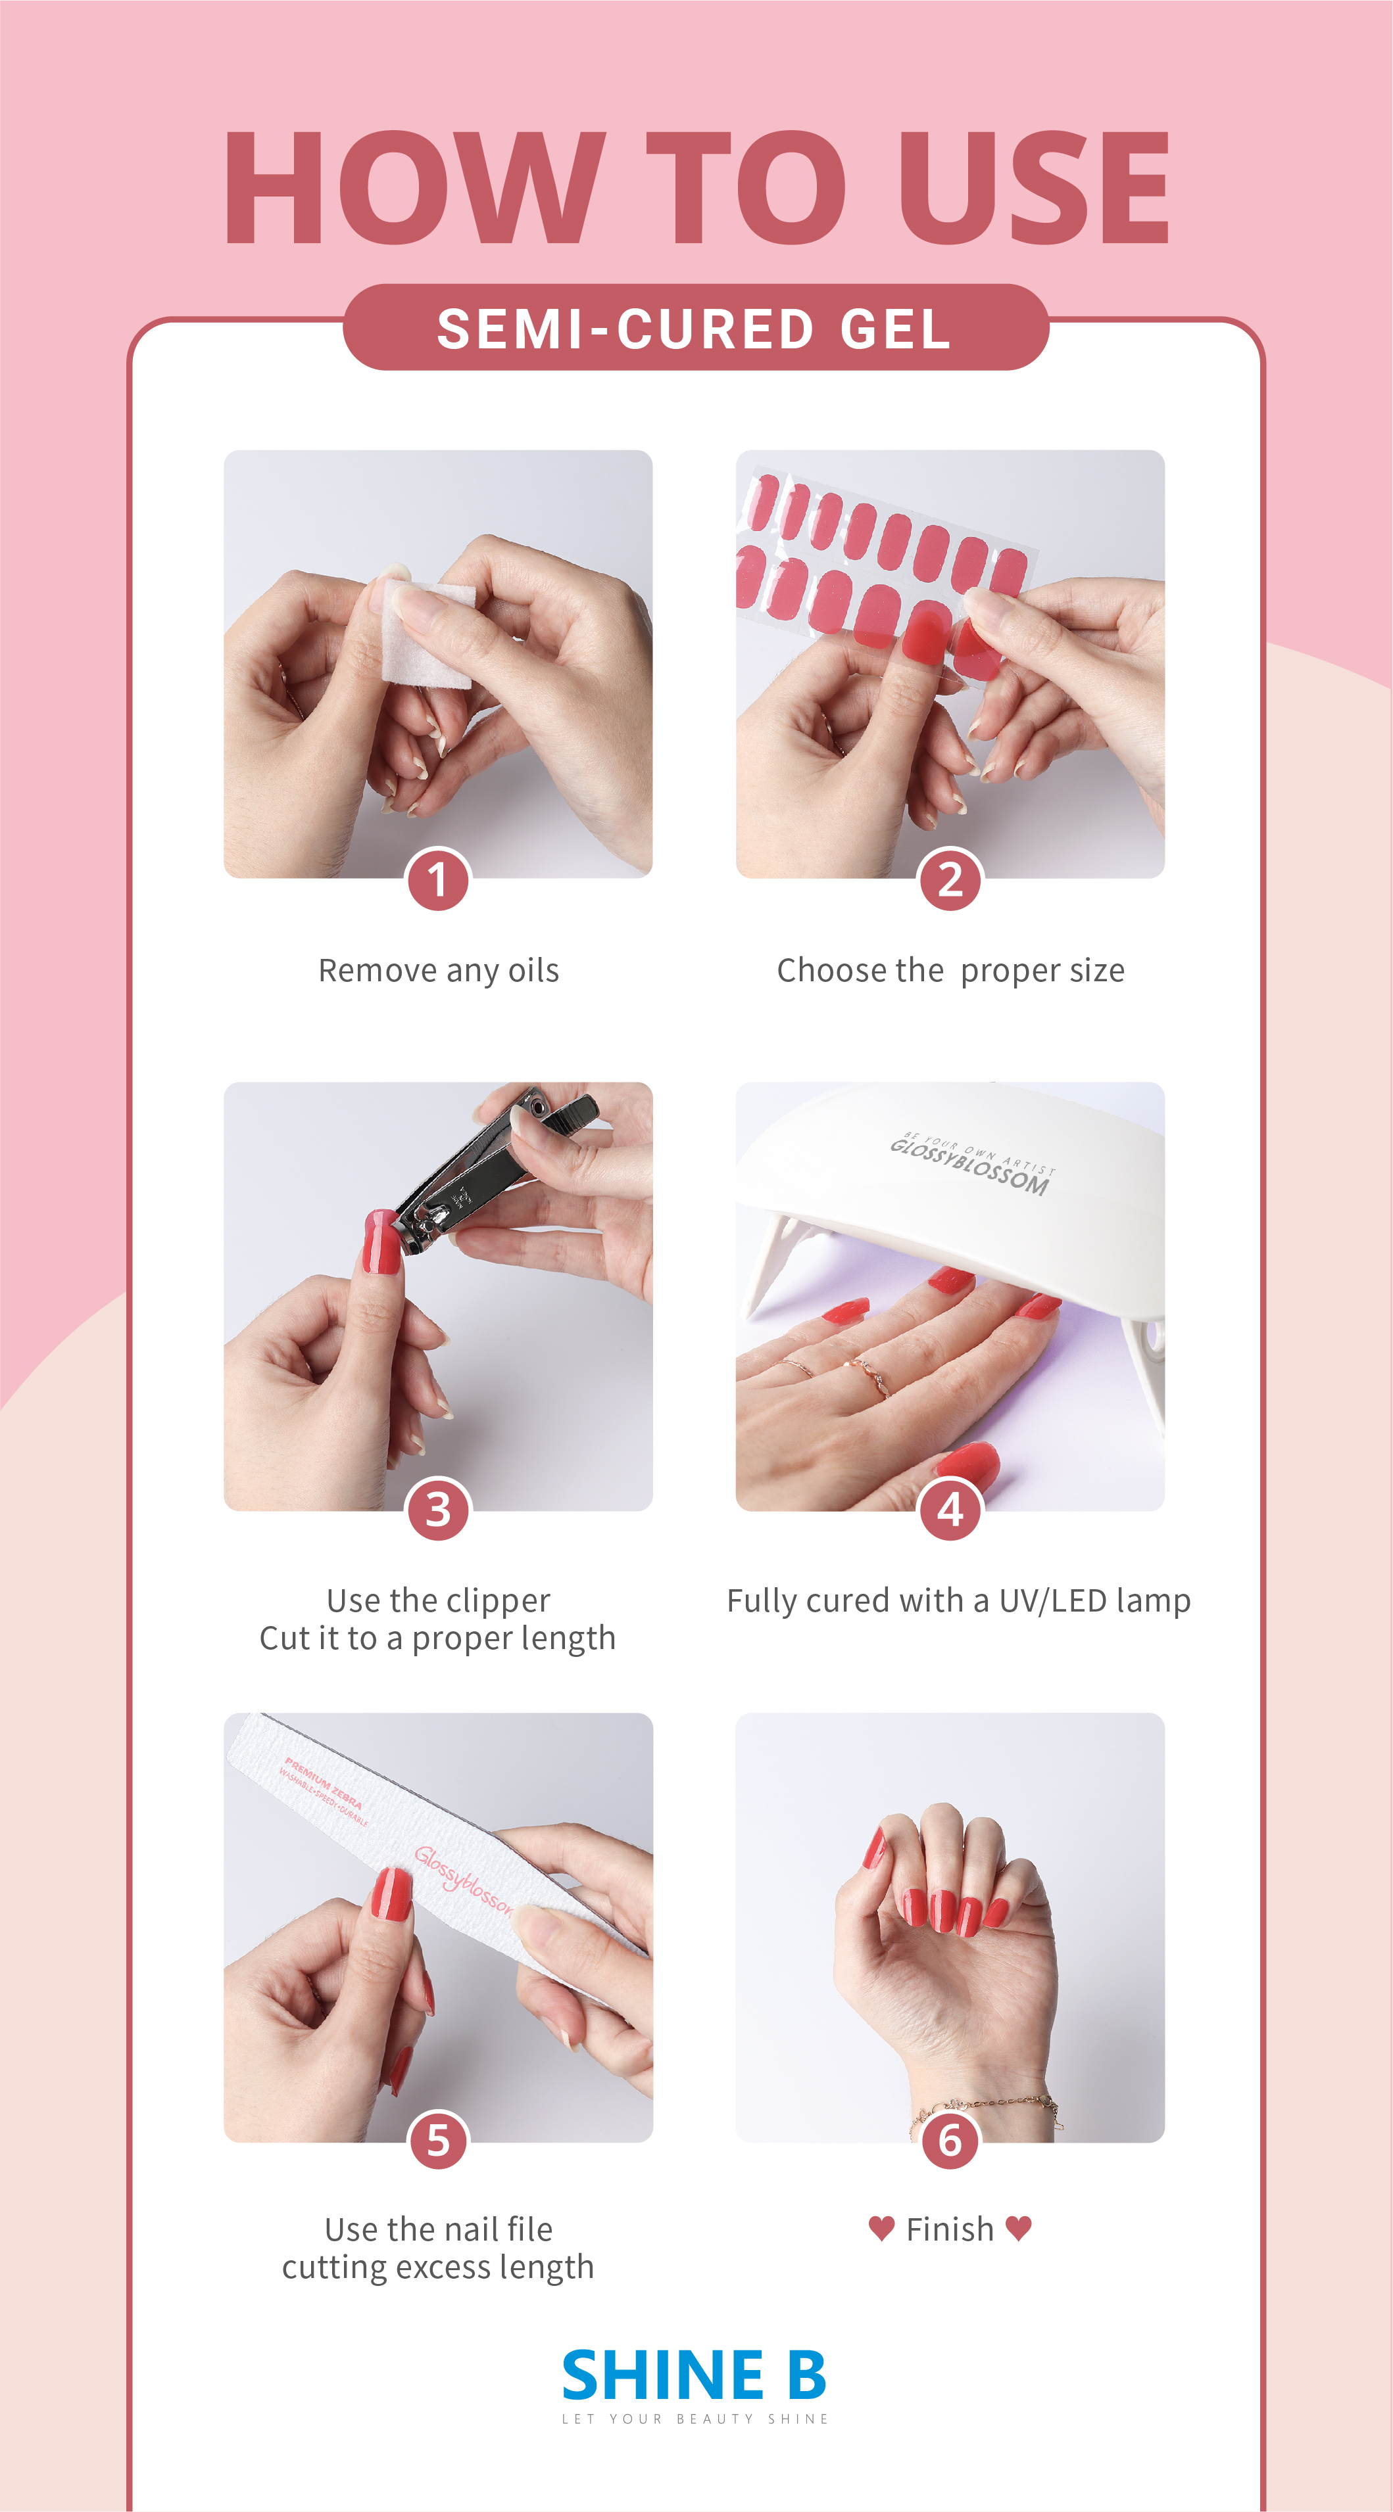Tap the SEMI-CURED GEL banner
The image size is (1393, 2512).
tap(696, 328)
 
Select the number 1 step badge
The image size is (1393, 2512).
tap(438, 879)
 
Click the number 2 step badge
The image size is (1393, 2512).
tap(950, 879)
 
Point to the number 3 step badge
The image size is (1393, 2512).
tap(438, 1510)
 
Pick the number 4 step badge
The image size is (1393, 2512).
tap(950, 1510)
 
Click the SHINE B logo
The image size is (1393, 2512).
tap(695, 2375)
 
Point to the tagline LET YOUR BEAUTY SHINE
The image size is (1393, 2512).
tap(695, 2419)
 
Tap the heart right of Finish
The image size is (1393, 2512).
tap(1018, 2228)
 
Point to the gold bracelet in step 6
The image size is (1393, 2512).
tap(985, 2108)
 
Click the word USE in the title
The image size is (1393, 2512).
tap(1034, 187)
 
